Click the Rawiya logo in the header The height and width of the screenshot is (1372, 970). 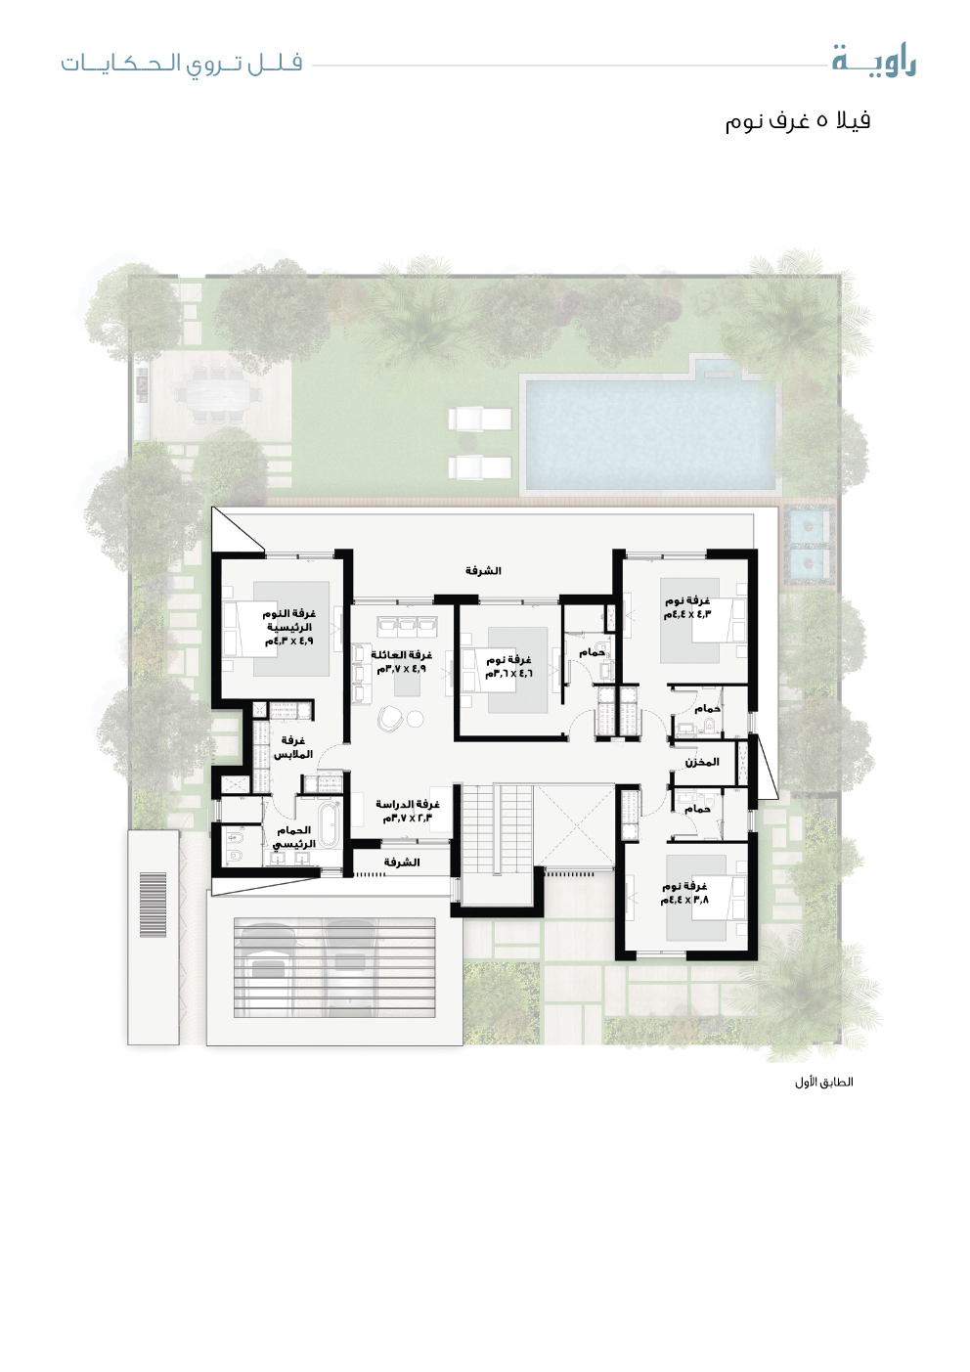tap(874, 62)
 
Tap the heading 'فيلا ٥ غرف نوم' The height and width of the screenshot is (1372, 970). tap(798, 120)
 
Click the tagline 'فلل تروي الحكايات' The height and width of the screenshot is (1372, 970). tap(181, 64)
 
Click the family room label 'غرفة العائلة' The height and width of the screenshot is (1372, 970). tap(401, 655)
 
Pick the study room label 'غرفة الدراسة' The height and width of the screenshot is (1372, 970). tap(408, 804)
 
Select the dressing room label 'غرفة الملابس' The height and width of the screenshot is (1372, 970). tap(293, 748)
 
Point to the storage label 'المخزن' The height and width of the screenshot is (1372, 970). tap(702, 762)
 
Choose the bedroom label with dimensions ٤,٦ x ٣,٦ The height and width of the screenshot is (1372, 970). tap(508, 666)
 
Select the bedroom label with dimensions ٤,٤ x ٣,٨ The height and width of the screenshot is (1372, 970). tap(684, 893)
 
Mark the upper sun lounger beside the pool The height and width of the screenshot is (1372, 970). tap(479, 419)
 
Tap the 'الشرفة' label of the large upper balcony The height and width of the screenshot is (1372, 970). tap(483, 571)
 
